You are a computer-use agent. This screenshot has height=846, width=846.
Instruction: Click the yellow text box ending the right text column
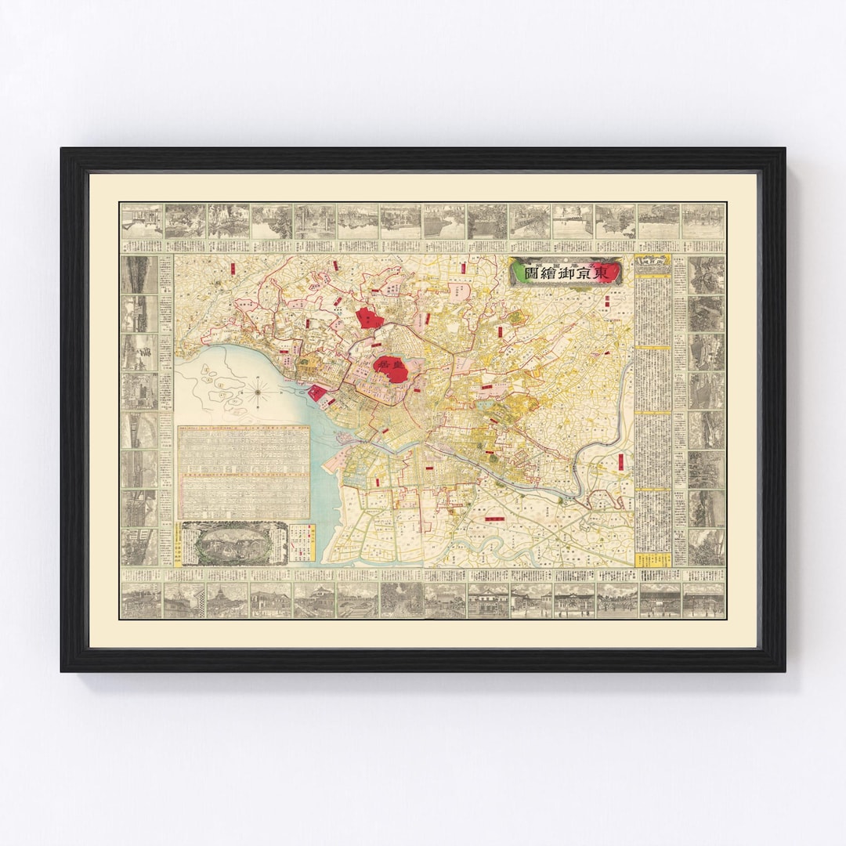pos(652,560)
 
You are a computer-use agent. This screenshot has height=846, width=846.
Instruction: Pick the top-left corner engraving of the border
pos(141,221)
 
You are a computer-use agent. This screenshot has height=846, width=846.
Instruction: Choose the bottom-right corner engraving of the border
pos(703,599)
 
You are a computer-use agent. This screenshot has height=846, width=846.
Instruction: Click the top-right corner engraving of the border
pos(703,221)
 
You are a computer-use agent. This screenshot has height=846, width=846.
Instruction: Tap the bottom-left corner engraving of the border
pos(141,599)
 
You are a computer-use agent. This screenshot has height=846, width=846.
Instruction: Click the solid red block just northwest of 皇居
pos(370,318)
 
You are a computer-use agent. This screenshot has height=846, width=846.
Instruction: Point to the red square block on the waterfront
pos(320,392)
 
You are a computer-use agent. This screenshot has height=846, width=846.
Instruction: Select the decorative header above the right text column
pos(652,265)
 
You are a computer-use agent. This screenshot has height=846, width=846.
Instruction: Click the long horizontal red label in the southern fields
pos(495,519)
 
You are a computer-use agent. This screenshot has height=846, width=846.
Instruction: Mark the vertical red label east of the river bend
pos(621,462)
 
